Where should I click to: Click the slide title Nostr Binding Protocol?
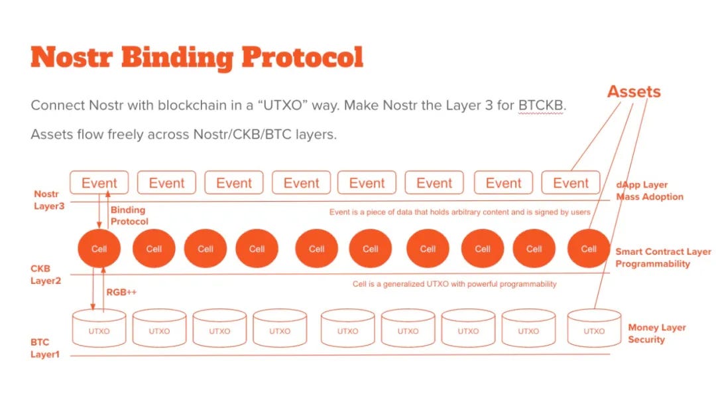(x=197, y=58)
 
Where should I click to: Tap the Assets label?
(x=634, y=92)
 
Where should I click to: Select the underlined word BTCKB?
(x=542, y=106)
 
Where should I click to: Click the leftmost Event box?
(x=99, y=183)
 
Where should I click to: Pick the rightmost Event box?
(x=570, y=183)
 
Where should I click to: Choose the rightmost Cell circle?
(x=589, y=249)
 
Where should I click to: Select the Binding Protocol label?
(x=129, y=216)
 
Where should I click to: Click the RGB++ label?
(x=121, y=291)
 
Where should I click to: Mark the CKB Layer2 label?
(x=45, y=275)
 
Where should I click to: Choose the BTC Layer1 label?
(x=44, y=348)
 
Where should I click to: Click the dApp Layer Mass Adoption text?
(x=649, y=191)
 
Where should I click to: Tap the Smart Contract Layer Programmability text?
(x=662, y=257)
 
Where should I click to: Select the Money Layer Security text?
(x=656, y=334)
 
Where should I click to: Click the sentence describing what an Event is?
(x=459, y=212)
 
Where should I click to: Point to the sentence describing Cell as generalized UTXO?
(x=454, y=284)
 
